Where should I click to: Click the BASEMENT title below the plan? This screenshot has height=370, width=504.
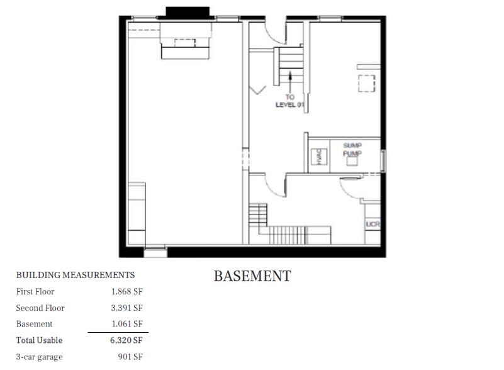click(252, 276)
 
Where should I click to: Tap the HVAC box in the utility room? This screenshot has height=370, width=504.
click(319, 157)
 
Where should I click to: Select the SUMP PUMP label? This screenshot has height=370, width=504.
click(352, 149)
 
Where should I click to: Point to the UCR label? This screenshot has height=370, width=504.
click(372, 224)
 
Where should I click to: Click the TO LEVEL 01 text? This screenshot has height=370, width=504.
click(289, 101)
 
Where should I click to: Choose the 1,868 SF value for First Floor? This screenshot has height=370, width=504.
click(127, 291)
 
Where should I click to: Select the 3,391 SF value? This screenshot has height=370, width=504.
click(126, 308)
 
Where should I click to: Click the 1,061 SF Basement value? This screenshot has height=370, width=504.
click(127, 323)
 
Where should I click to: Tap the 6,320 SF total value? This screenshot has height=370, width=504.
click(126, 340)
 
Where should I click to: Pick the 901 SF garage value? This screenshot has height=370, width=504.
click(130, 357)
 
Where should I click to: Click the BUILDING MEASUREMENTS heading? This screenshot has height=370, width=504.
click(76, 275)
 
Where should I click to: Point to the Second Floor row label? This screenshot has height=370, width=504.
click(40, 308)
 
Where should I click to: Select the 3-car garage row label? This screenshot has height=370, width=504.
click(39, 357)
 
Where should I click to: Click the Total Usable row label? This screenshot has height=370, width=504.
click(39, 340)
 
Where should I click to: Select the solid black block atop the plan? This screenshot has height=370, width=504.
click(188, 12)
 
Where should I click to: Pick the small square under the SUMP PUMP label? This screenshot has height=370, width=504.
click(352, 160)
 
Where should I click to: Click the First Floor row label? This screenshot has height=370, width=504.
click(35, 291)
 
